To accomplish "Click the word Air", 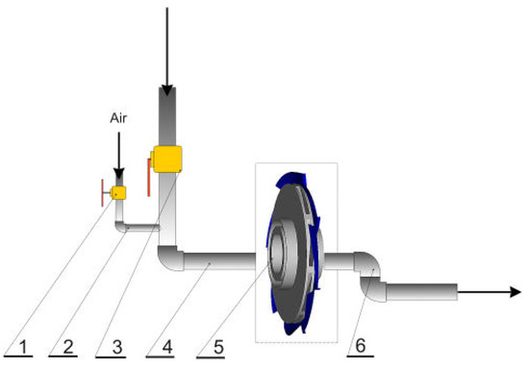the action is pyautogui.click(x=118, y=118).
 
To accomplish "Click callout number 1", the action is pyautogui.click(x=24, y=347).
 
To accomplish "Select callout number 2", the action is pyautogui.click(x=68, y=347).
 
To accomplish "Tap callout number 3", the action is pyautogui.click(x=116, y=347).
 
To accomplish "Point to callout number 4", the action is pyautogui.click(x=167, y=347).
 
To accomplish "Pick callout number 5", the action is pyautogui.click(x=218, y=347).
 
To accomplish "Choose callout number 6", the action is pyautogui.click(x=361, y=346).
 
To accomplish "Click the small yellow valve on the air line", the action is pyautogui.click(x=118, y=193).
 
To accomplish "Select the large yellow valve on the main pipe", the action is pyautogui.click(x=167, y=160).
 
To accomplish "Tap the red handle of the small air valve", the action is pyautogui.click(x=103, y=193).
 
